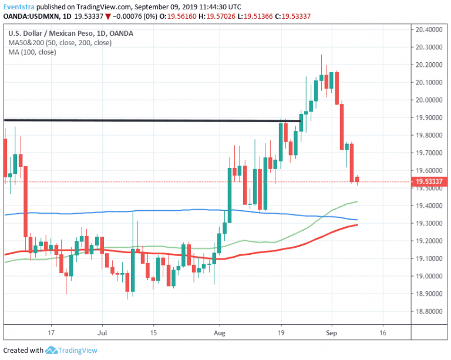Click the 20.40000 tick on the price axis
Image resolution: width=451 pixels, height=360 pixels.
[429, 29]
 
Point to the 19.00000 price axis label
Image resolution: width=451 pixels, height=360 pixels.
[429, 276]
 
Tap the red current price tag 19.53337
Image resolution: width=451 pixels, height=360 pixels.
[429, 182]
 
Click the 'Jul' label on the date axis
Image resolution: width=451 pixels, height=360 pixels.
[102, 330]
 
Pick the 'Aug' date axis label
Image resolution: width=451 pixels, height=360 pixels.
[220, 330]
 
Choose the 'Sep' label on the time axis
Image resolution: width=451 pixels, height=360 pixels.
[332, 330]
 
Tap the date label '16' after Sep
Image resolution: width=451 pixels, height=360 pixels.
[383, 330]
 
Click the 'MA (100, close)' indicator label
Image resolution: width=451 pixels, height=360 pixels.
[33, 52]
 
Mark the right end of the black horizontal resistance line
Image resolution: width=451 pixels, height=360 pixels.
[301, 121]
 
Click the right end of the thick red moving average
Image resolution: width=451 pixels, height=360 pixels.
[358, 224]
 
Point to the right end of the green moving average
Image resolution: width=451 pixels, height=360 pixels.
[358, 202]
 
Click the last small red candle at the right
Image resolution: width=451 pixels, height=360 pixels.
[356, 179]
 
